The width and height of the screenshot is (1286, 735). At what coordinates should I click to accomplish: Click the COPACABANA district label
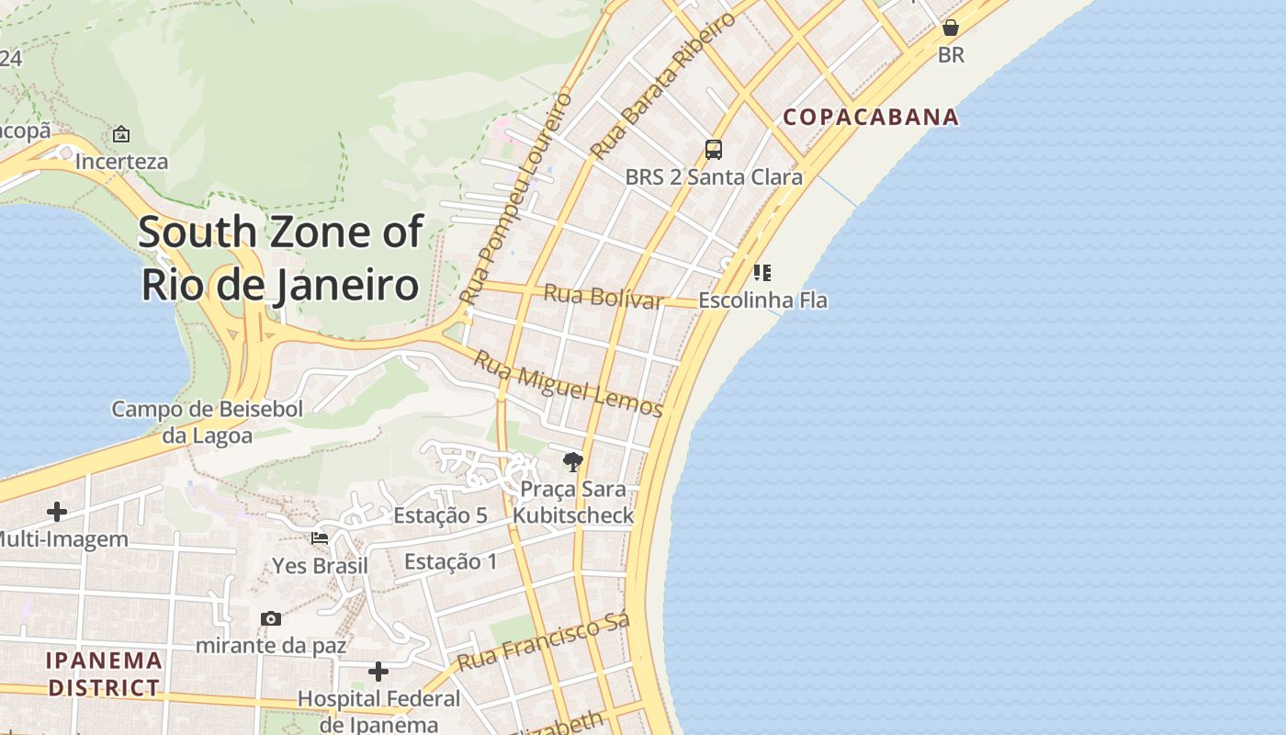click(x=871, y=117)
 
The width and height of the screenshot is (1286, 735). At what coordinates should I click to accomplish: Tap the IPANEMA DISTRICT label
click(x=104, y=673)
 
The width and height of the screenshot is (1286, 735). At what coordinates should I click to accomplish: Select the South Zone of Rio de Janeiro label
click(x=280, y=258)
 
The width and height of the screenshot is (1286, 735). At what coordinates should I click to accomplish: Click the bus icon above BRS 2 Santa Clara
click(x=714, y=149)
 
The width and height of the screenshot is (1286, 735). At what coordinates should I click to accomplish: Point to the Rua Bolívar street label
click(x=604, y=297)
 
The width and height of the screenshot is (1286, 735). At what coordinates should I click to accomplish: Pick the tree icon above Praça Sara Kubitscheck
click(x=573, y=461)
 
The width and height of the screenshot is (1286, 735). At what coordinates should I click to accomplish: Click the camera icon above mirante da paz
click(x=270, y=618)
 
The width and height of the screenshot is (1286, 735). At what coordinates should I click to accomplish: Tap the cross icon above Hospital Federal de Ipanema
click(x=378, y=672)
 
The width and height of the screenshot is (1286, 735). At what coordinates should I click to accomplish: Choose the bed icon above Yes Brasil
click(x=320, y=538)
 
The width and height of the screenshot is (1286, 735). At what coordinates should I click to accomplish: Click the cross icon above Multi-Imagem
click(x=57, y=511)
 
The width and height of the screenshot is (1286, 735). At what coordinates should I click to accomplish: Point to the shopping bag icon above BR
click(x=951, y=28)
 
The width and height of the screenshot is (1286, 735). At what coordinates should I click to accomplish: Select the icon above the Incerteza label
click(x=121, y=134)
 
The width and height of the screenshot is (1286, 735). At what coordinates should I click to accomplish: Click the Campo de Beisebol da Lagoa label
click(x=208, y=422)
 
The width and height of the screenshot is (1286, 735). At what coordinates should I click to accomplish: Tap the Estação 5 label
click(x=440, y=515)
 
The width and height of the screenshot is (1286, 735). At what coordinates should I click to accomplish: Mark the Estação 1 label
click(x=450, y=561)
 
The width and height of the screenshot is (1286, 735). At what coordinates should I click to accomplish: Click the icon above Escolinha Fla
click(x=761, y=272)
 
